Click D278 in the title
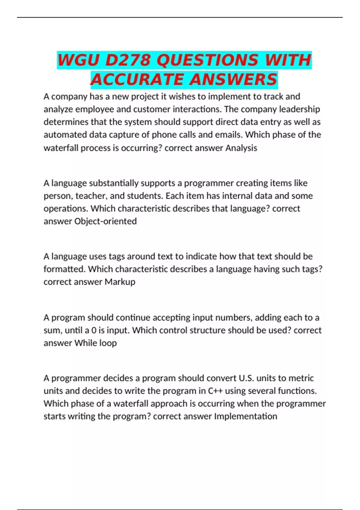point(127,60)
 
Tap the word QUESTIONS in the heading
point(207,60)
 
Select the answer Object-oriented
point(105,221)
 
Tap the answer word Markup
point(120,282)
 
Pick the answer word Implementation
point(245,416)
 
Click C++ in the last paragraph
point(215,391)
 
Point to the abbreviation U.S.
point(246,378)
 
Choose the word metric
point(301,378)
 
